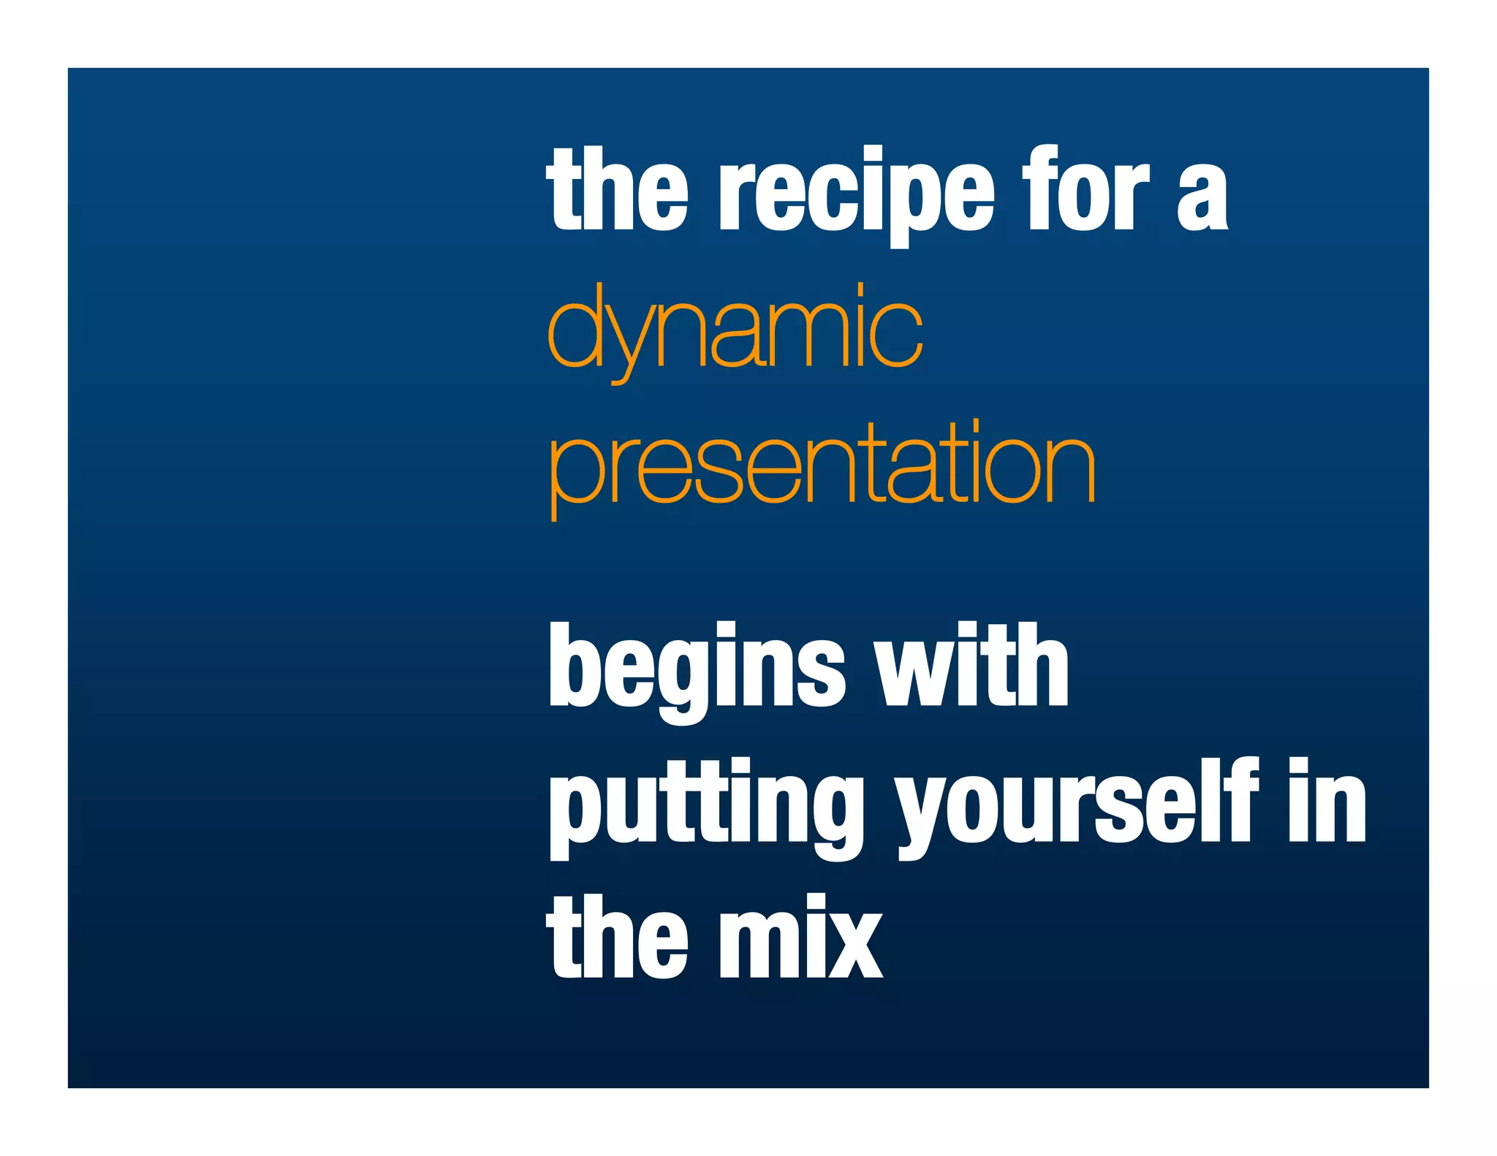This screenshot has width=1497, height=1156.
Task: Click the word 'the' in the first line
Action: coord(617,190)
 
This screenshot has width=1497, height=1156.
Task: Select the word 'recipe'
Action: coord(857,194)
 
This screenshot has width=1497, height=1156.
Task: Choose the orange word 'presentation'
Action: coord(822,468)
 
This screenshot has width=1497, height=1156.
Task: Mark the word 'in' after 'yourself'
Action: coord(1327,802)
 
